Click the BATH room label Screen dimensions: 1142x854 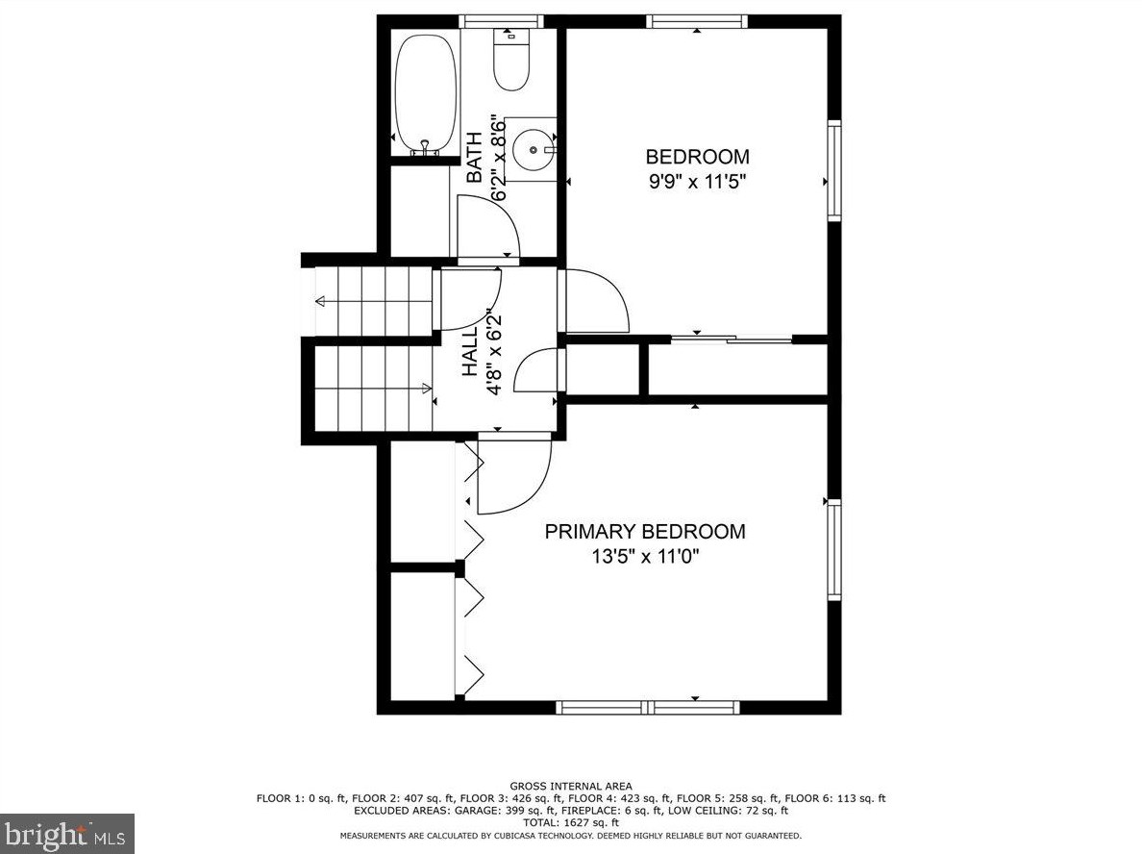point(474,157)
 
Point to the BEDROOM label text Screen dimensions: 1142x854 point(698,157)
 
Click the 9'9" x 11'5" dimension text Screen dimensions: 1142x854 point(699,182)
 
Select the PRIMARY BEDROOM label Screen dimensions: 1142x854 point(645,531)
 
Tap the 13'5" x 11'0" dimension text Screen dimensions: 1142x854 point(645,557)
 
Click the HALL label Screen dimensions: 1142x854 point(470,351)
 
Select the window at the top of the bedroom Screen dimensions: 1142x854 point(697,22)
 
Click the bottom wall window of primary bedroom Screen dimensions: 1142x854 point(648,708)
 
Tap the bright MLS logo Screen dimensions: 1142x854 point(67,834)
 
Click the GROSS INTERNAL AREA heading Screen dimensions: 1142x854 point(571,787)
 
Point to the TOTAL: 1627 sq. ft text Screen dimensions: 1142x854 point(571,822)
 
